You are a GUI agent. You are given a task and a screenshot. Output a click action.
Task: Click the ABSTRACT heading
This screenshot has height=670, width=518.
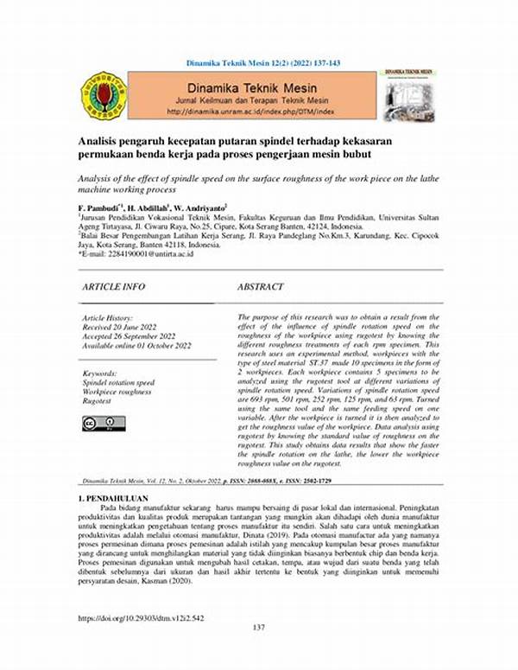(261, 286)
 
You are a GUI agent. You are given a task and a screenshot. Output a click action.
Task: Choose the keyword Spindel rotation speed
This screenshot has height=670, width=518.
(119, 381)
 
